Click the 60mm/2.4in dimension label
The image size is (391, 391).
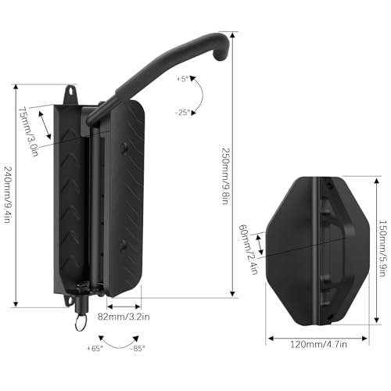(x=245, y=242)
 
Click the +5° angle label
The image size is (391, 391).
(x=183, y=79)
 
